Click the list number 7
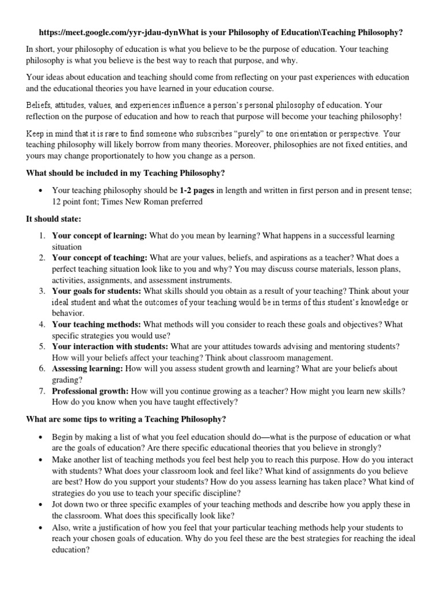tap(42, 391)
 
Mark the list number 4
tap(42, 324)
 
